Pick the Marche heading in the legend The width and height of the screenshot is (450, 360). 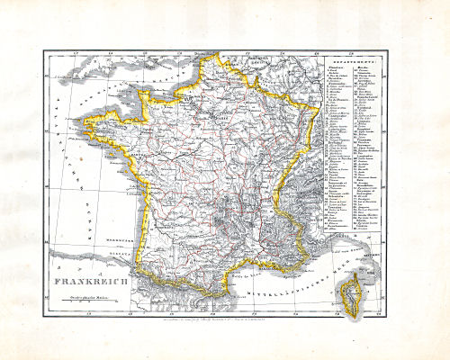[366, 70]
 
